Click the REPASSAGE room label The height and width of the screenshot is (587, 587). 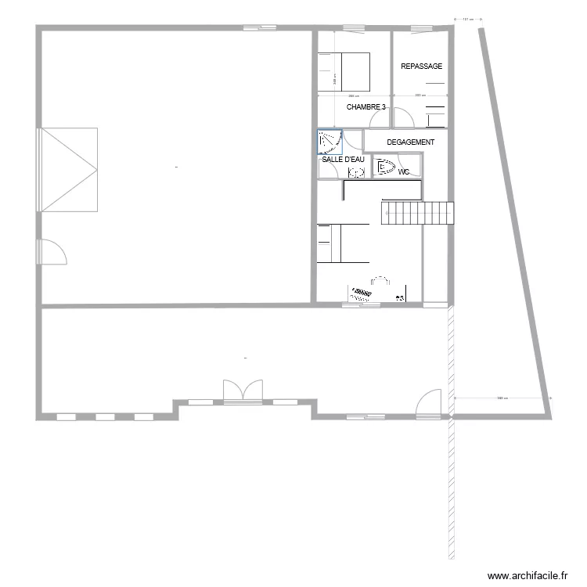(x=421, y=67)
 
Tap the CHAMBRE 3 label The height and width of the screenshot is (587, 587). (x=366, y=106)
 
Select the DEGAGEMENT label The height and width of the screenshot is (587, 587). (x=410, y=142)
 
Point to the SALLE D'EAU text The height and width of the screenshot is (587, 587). (x=343, y=159)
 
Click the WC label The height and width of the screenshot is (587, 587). (x=404, y=171)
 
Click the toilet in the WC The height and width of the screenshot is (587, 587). (x=384, y=166)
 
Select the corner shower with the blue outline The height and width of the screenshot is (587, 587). (x=330, y=142)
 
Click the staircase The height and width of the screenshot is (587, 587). (x=417, y=213)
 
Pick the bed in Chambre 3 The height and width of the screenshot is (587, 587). (x=343, y=71)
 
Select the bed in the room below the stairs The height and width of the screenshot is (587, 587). (x=343, y=243)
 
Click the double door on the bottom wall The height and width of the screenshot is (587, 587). (x=243, y=392)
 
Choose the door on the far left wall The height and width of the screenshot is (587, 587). (x=52, y=252)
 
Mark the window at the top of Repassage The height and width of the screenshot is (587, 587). (x=420, y=29)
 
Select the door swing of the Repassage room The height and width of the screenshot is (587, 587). (x=403, y=118)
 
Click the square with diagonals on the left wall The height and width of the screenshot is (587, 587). (x=69, y=170)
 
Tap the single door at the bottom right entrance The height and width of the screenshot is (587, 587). (x=431, y=403)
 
